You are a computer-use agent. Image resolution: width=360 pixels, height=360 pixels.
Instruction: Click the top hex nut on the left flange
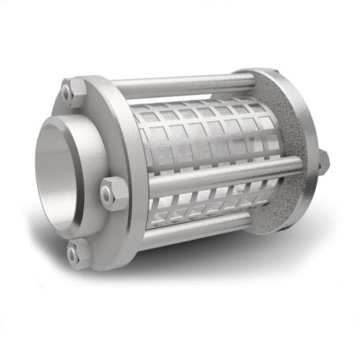(x=70, y=89)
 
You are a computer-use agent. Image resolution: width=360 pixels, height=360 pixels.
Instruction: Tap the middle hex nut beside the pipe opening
(x=114, y=190)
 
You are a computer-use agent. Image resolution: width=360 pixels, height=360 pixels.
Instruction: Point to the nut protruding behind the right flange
(x=323, y=159)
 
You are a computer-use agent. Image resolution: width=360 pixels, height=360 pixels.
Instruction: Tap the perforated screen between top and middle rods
(x=203, y=133)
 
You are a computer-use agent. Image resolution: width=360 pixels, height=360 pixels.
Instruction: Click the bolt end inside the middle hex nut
(x=114, y=190)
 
